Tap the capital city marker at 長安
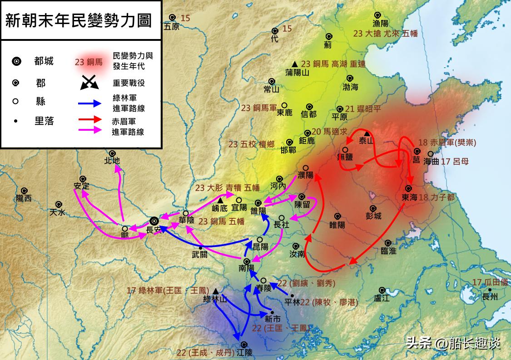(154, 221)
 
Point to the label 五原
(172, 26)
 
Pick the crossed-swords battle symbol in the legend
(90, 83)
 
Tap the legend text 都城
(44, 61)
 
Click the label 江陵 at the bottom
(244, 352)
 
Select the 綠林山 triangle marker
(215, 291)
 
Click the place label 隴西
(24, 198)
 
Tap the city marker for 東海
(408, 188)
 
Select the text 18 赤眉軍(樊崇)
(447, 143)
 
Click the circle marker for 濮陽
(306, 168)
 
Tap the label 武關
(199, 255)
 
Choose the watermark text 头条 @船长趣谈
(453, 343)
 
